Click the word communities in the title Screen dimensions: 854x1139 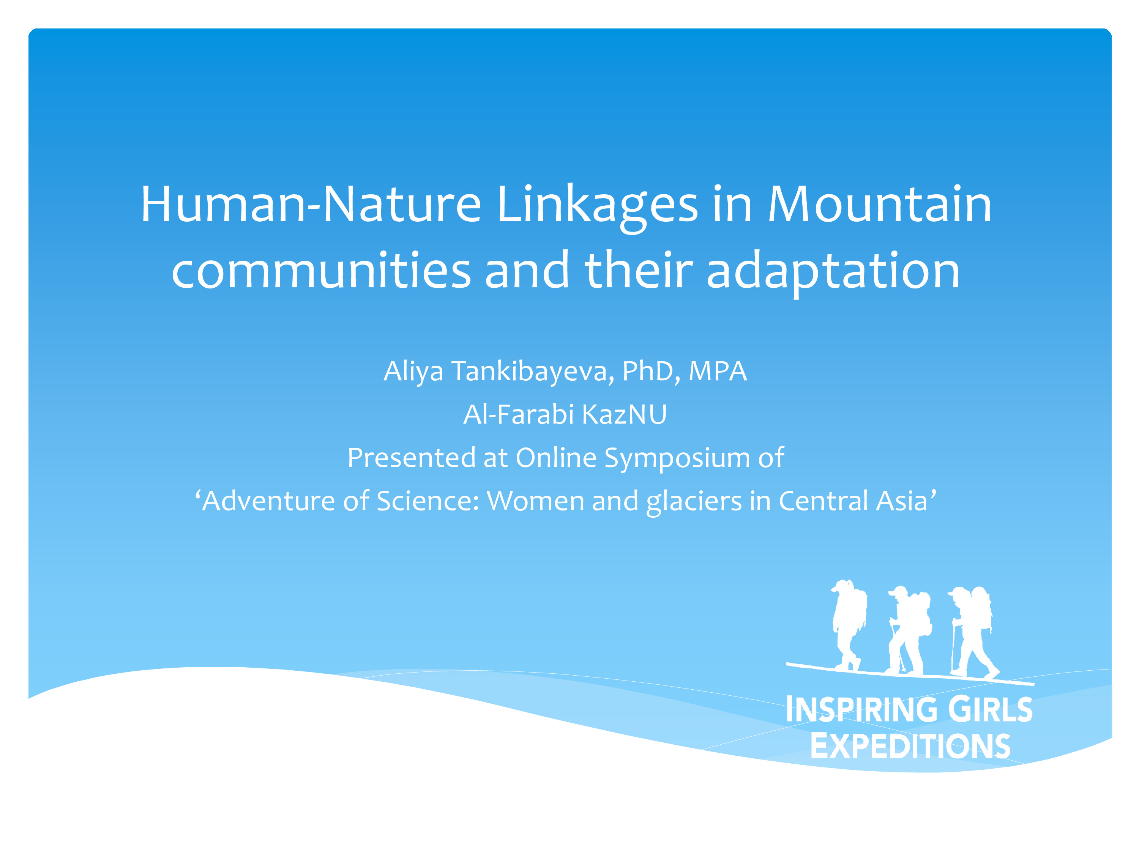321,271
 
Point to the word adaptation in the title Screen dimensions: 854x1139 833,271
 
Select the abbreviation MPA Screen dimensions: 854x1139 717,371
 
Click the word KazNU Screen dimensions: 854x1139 624,414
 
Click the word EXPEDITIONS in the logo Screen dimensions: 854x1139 910,745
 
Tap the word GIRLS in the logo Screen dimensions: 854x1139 990,709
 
